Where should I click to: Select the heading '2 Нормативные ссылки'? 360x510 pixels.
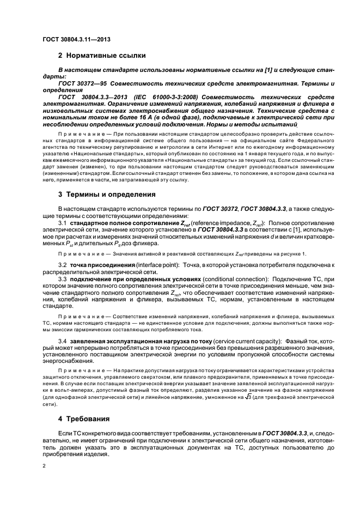point(101,56)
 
